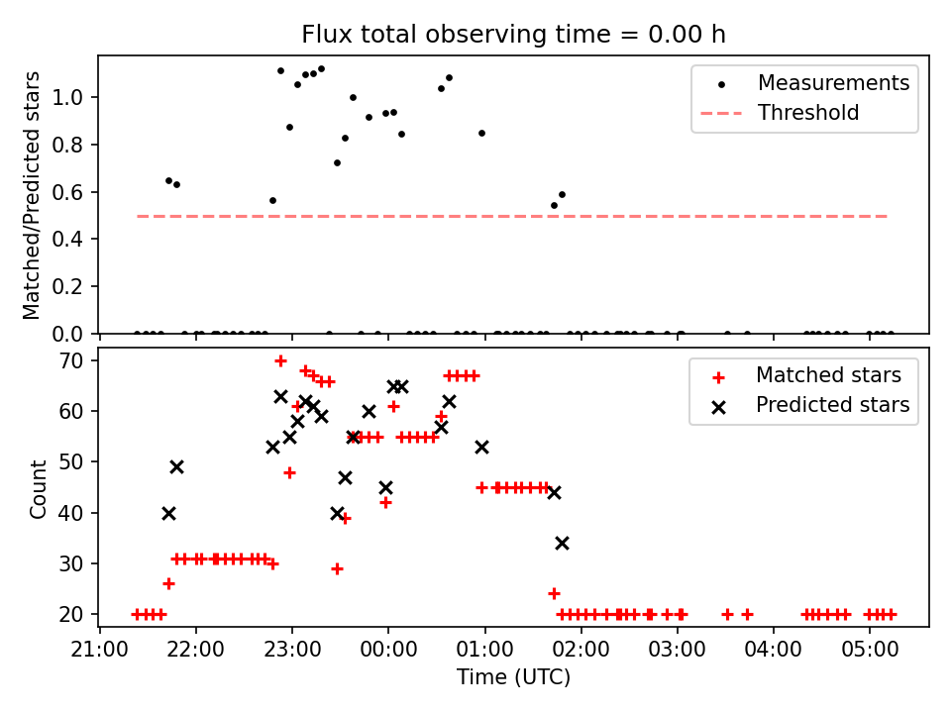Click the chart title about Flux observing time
513,35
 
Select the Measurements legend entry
833,83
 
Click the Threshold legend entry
808,113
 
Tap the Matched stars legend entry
828,375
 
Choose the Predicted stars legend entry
832,405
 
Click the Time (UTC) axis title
513,678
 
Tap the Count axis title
39,488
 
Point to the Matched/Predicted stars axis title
33,195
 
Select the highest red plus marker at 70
280,360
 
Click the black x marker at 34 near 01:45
562,543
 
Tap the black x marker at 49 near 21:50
176,466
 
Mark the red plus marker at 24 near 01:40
554,593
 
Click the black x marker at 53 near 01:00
481,447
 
